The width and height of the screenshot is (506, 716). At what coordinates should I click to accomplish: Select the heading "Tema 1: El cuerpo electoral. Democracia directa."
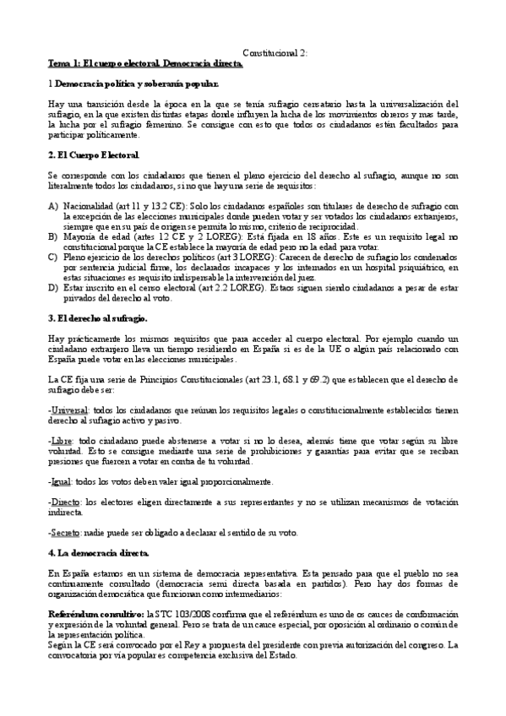click(x=144, y=64)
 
